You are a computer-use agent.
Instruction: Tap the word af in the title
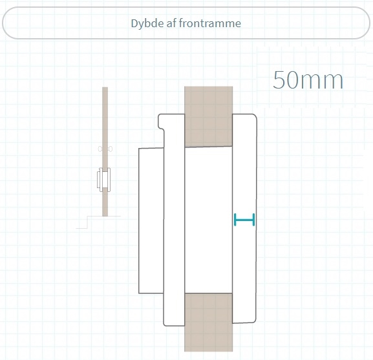click(x=171, y=23)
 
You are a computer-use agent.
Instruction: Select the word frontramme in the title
click(x=210, y=23)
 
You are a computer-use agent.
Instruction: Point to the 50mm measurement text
click(x=308, y=80)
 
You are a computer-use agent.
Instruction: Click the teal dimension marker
click(x=244, y=220)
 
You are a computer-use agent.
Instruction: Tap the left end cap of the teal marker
click(x=235, y=220)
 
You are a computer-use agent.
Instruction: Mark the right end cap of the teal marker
click(x=254, y=220)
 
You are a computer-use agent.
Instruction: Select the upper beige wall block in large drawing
click(x=208, y=116)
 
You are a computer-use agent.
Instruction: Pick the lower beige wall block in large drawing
click(x=208, y=323)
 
